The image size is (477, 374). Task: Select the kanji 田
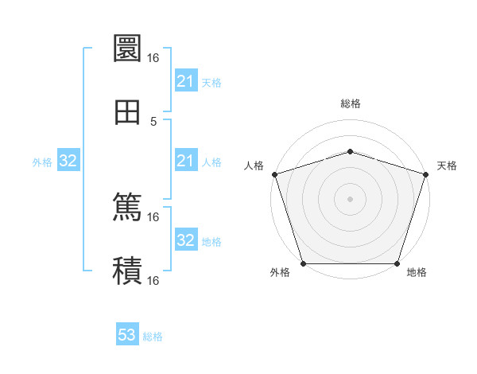pyautogui.click(x=127, y=111)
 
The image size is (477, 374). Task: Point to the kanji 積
pyautogui.click(x=127, y=271)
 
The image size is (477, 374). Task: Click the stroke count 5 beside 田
pyautogui.click(x=153, y=122)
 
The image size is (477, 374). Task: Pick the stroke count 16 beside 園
pyautogui.click(x=153, y=58)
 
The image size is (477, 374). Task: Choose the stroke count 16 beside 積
pyautogui.click(x=153, y=281)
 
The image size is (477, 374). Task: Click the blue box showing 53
pyautogui.click(x=127, y=335)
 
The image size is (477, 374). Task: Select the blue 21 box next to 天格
pyautogui.click(x=185, y=81)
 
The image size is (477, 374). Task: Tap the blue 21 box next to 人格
pyautogui.click(x=185, y=162)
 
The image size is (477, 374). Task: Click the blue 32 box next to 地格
pyautogui.click(x=185, y=241)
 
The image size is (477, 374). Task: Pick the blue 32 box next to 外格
pyautogui.click(x=68, y=162)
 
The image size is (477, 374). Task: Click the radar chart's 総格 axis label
pyautogui.click(x=351, y=103)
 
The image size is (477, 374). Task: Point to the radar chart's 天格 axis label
pyautogui.click(x=447, y=166)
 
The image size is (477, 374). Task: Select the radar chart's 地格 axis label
pyautogui.click(x=417, y=273)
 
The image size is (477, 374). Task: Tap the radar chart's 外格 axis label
pyautogui.click(x=280, y=273)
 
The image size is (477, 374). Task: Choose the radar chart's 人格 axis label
pyautogui.click(x=254, y=166)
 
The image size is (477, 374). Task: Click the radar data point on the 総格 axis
pyautogui.click(x=351, y=151)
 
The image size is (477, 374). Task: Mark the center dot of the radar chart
pyautogui.click(x=351, y=198)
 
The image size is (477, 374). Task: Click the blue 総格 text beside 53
pyautogui.click(x=153, y=337)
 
